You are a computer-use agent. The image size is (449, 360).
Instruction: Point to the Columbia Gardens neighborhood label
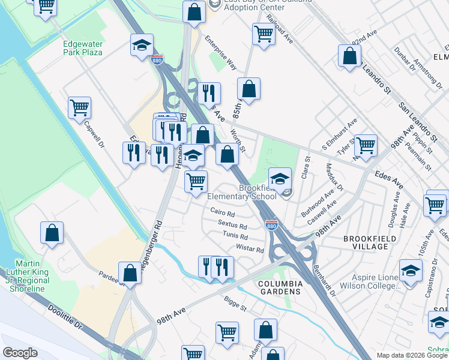tap(279, 286)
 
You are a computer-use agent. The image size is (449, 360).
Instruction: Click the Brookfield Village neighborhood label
tap(366, 242)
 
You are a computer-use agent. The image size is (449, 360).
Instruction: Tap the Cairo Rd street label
tap(223, 212)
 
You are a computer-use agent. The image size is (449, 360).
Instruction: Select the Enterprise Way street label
tap(220, 53)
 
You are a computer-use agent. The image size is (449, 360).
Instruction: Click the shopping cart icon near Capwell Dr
tap(79, 108)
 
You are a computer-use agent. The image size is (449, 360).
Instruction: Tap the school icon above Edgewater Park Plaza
tap(142, 45)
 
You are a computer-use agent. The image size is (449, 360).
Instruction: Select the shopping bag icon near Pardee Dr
tap(130, 273)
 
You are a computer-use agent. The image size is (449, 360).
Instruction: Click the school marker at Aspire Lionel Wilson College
tap(411, 271)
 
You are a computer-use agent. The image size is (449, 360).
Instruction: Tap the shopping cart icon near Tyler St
tap(366, 145)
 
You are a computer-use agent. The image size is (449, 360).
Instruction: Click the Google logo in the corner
tap(20, 353)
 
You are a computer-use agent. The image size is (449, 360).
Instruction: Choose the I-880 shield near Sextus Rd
tap(271, 225)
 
